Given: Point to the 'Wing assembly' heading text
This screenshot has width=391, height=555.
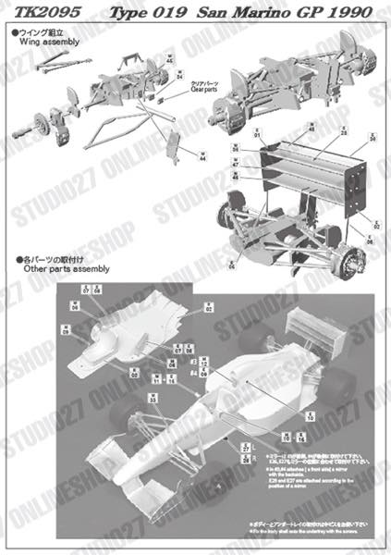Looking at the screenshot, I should (38, 43).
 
